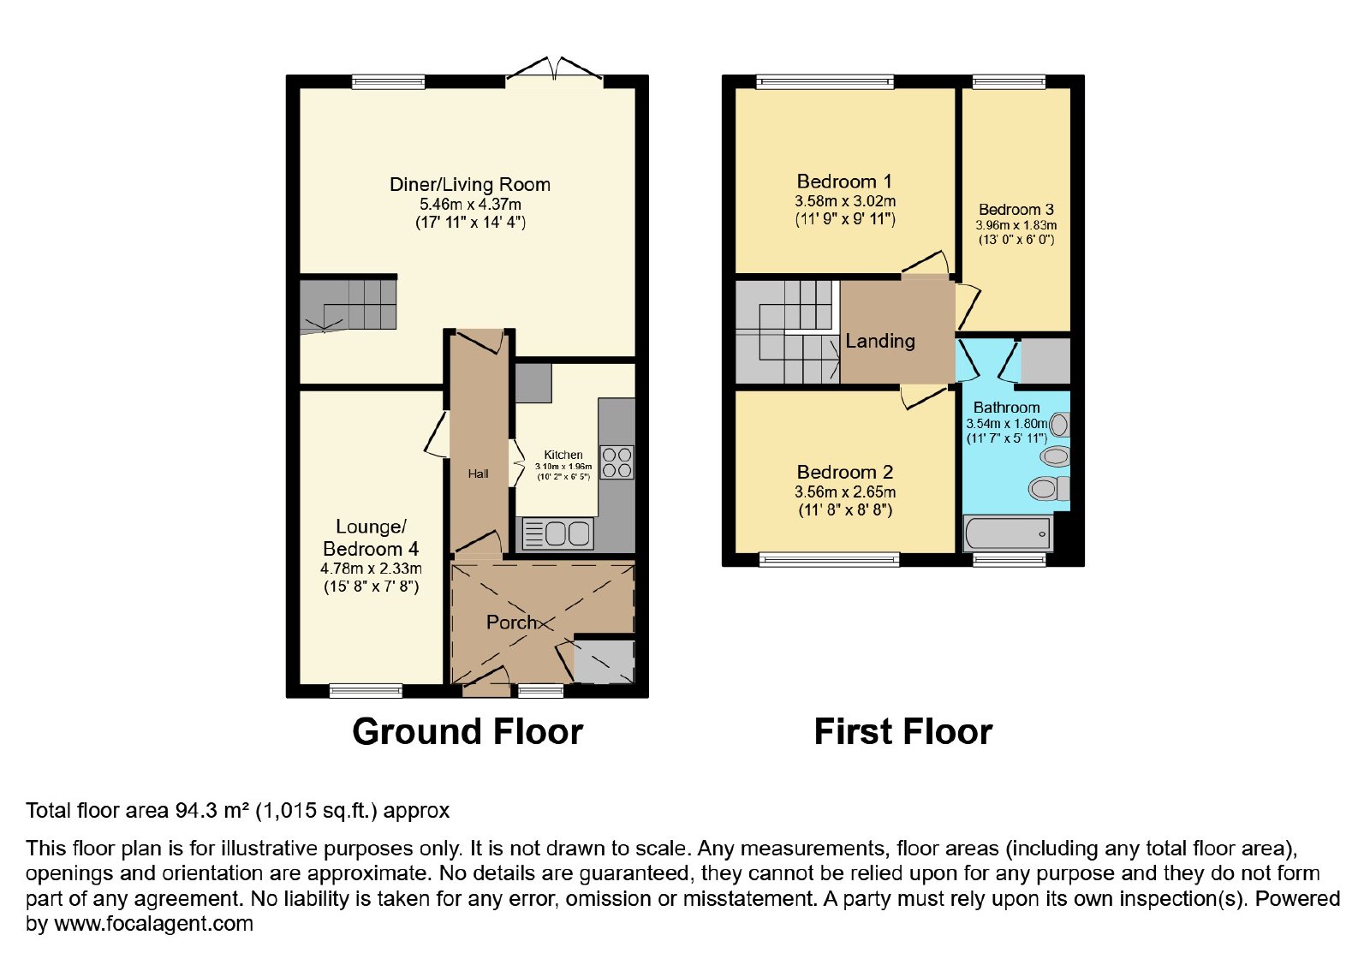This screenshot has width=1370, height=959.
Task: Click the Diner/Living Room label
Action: click(x=470, y=185)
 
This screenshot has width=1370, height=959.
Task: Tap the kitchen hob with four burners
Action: click(x=617, y=462)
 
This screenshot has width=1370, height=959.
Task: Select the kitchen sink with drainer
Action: click(x=557, y=533)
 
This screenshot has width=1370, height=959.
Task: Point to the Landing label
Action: click(x=880, y=341)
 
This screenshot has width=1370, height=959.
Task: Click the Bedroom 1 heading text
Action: click(x=844, y=182)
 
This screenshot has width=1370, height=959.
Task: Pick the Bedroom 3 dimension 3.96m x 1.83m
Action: click(x=1016, y=225)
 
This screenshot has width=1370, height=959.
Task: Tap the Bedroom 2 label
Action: click(x=844, y=472)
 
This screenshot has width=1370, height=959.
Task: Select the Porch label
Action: click(x=511, y=622)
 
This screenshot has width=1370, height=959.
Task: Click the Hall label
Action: click(x=479, y=474)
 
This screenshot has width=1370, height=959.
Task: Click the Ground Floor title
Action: click(x=468, y=731)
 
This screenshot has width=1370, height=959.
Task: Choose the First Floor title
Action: click(x=902, y=731)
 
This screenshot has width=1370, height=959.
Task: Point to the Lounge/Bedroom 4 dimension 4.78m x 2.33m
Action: click(x=372, y=569)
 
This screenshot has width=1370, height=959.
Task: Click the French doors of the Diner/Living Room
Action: click(x=554, y=70)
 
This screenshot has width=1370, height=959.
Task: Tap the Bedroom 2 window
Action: click(x=830, y=559)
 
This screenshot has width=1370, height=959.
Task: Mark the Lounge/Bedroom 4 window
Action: click(x=366, y=690)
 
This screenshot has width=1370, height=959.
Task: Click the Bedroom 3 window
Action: click(x=1010, y=81)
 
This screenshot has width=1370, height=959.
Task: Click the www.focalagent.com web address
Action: click(x=153, y=924)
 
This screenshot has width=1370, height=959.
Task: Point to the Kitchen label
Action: click(x=563, y=455)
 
